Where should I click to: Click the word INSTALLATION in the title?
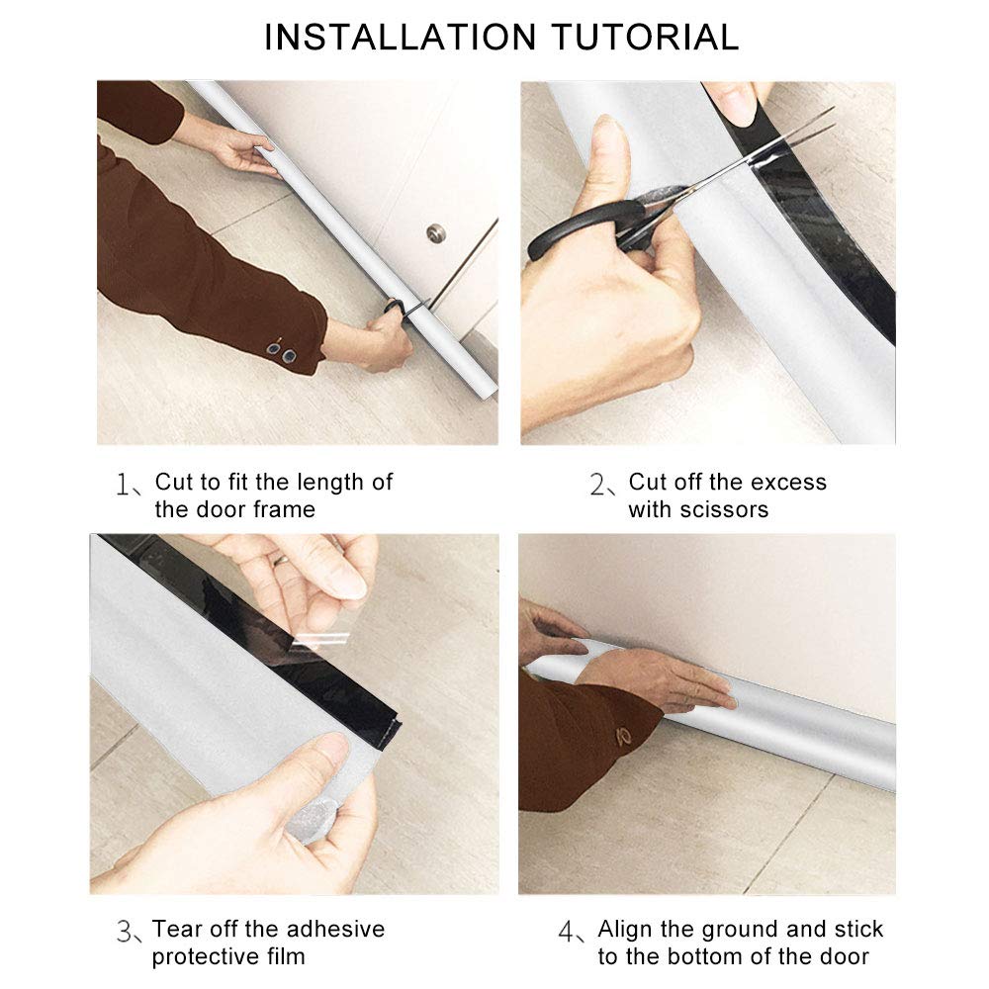point(400,37)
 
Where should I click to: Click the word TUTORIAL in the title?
point(645,37)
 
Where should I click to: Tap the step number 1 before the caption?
point(123,485)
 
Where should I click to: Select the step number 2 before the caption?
point(596,485)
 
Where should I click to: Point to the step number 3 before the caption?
point(124,931)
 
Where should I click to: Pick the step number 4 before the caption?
point(566,931)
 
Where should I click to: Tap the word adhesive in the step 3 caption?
point(335,929)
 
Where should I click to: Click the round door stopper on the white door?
point(435,233)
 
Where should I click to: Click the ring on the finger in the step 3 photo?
point(280,559)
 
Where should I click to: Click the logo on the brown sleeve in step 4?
point(624,737)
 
